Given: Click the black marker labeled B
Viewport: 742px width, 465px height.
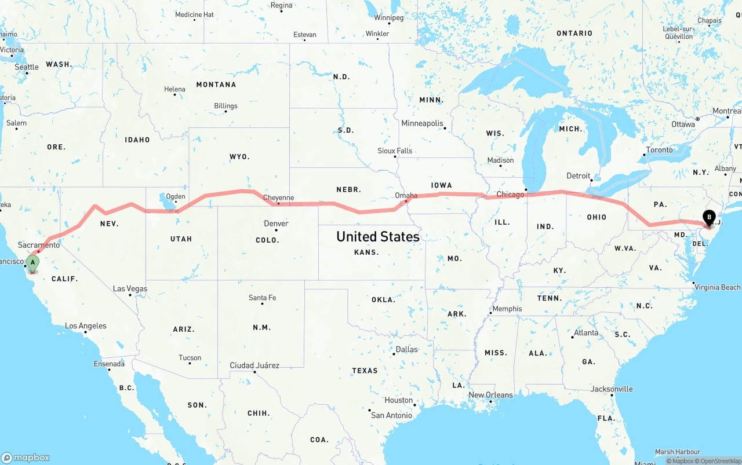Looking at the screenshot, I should [708, 218].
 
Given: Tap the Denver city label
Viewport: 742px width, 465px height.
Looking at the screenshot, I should [276, 224].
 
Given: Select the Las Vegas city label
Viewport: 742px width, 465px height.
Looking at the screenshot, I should [130, 288].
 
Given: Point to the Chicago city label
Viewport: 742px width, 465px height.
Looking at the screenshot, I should [510, 195].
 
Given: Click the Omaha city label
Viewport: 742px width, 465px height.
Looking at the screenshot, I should [406, 196].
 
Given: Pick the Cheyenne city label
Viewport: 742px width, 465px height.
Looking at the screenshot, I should [278, 197].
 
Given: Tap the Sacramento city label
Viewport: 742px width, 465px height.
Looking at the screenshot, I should [39, 245].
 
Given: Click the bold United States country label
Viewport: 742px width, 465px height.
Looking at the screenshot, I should [378, 236].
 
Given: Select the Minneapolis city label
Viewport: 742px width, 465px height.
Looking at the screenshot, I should [422, 123].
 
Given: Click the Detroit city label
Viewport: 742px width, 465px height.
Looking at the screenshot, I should [578, 175].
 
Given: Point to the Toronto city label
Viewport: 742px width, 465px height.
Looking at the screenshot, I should [659, 150].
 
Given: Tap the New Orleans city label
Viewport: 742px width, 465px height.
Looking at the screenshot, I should [490, 395].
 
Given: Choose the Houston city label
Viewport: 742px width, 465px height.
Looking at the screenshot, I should [399, 400].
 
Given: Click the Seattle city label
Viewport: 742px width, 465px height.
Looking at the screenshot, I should [27, 67].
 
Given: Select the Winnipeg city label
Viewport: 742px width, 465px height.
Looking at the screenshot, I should [388, 17].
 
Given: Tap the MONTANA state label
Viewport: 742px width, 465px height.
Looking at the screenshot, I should [216, 85].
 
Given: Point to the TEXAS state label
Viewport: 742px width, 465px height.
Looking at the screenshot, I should [365, 371].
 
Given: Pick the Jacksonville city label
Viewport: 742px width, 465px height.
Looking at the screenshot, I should [612, 389].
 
